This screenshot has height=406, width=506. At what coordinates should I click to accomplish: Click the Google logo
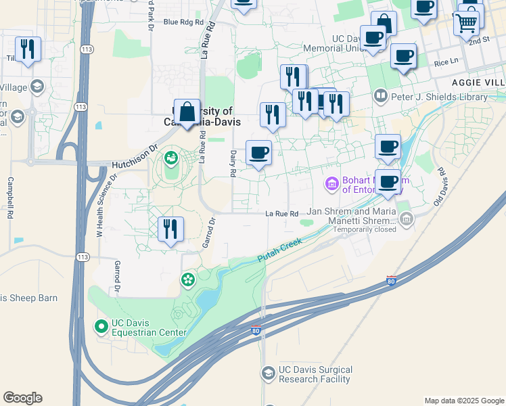pyautogui.click(x=22, y=398)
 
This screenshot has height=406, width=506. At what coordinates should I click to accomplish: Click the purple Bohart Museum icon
pyautogui.click(x=332, y=183)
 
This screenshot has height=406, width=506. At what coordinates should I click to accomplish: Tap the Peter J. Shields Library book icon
pyautogui.click(x=380, y=97)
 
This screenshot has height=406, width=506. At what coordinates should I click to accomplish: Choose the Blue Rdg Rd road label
pyautogui.click(x=183, y=22)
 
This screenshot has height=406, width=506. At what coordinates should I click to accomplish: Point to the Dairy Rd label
pyautogui.click(x=233, y=163)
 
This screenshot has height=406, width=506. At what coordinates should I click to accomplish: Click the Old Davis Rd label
pyautogui.click(x=441, y=187)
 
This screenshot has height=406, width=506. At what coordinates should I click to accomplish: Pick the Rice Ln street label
pyautogui.click(x=446, y=62)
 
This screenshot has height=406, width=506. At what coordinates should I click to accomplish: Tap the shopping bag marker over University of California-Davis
pyautogui.click(x=187, y=112)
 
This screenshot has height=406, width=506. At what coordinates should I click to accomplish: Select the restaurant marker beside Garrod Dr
pyautogui.click(x=170, y=229)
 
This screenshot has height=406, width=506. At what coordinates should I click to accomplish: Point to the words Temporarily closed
pyautogui.click(x=363, y=229)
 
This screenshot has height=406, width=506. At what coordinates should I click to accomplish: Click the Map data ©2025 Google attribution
pyautogui.click(x=463, y=401)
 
